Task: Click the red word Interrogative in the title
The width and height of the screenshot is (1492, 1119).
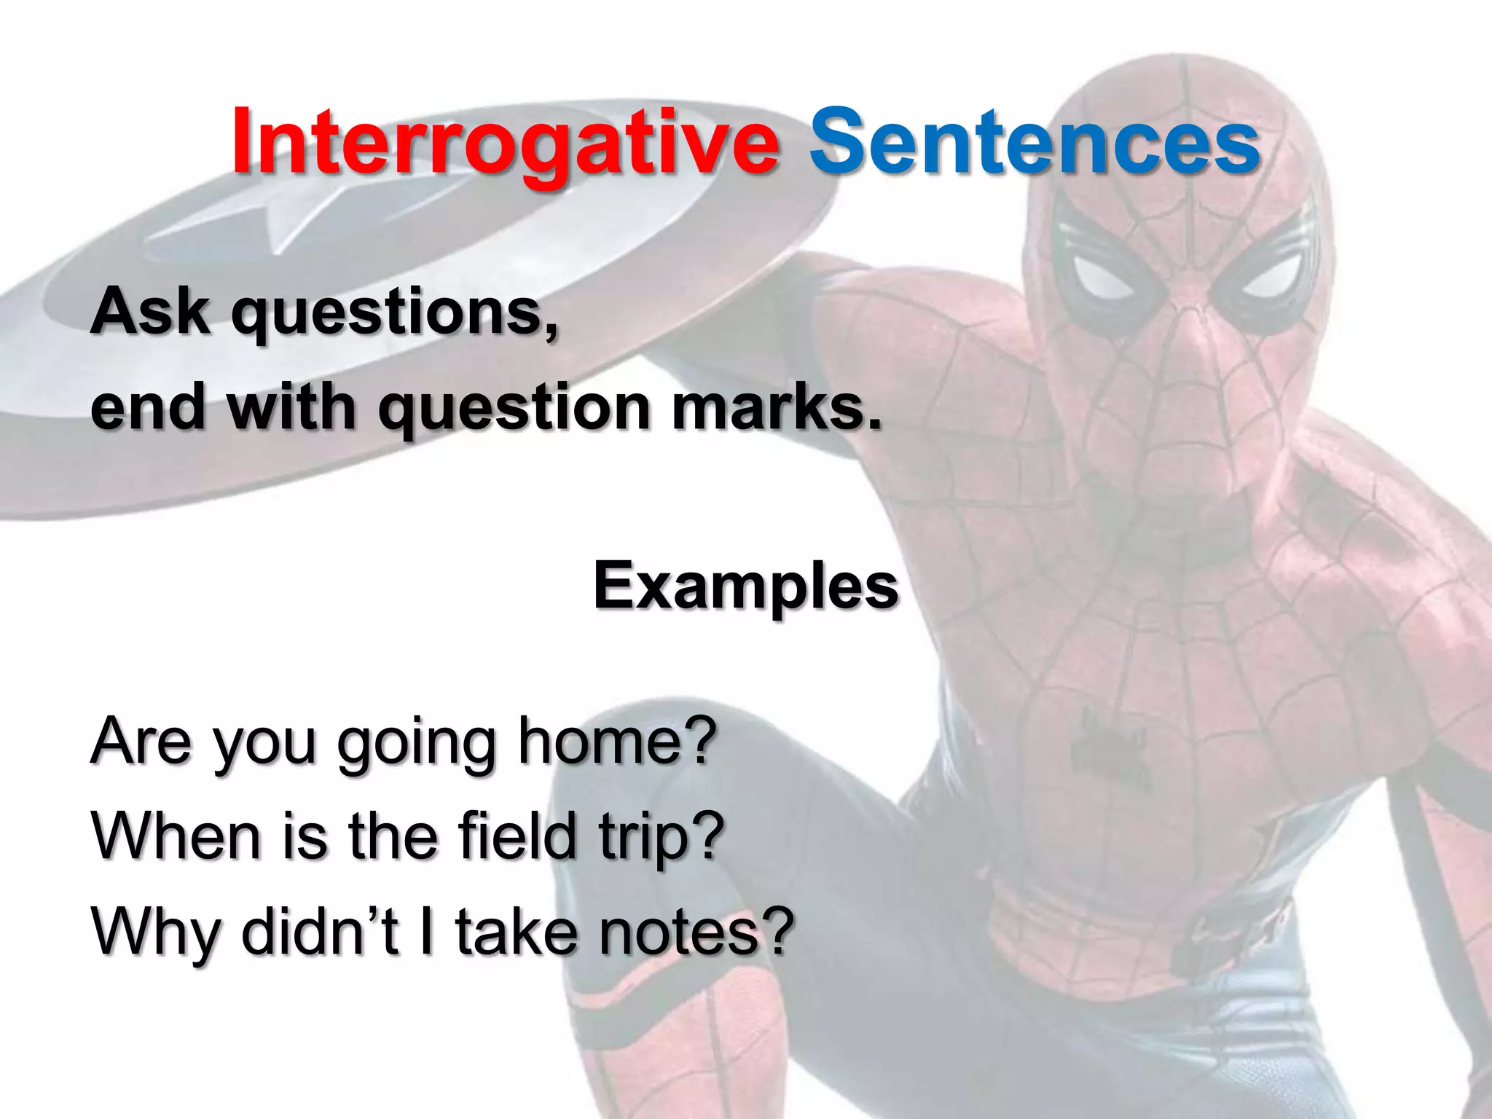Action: (505, 142)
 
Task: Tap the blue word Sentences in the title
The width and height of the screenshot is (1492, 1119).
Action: (1034, 142)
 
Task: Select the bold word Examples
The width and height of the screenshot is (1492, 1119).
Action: (746, 586)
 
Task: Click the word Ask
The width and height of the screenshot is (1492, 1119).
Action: (150, 311)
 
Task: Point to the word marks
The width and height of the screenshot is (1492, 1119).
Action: (776, 407)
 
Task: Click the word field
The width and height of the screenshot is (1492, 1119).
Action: (518, 836)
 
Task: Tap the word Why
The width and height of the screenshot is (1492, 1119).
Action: (154, 932)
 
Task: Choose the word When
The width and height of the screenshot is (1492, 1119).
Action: (176, 836)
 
